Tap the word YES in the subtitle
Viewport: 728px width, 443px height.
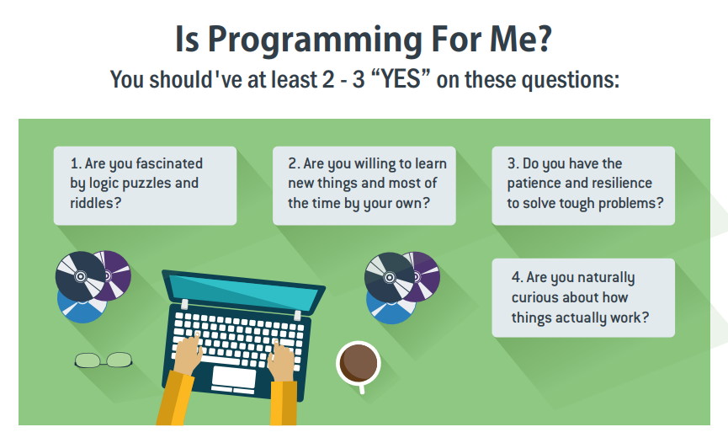[401, 79]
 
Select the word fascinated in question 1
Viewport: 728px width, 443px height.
[169, 163]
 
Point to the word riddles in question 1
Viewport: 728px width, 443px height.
[92, 203]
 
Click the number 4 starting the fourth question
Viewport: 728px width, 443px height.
[515, 278]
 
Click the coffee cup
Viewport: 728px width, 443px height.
[359, 364]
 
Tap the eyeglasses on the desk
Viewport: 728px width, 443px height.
[104, 360]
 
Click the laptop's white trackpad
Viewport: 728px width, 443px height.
[233, 377]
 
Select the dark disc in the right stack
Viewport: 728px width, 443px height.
[389, 278]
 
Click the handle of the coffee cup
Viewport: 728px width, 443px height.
[361, 388]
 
